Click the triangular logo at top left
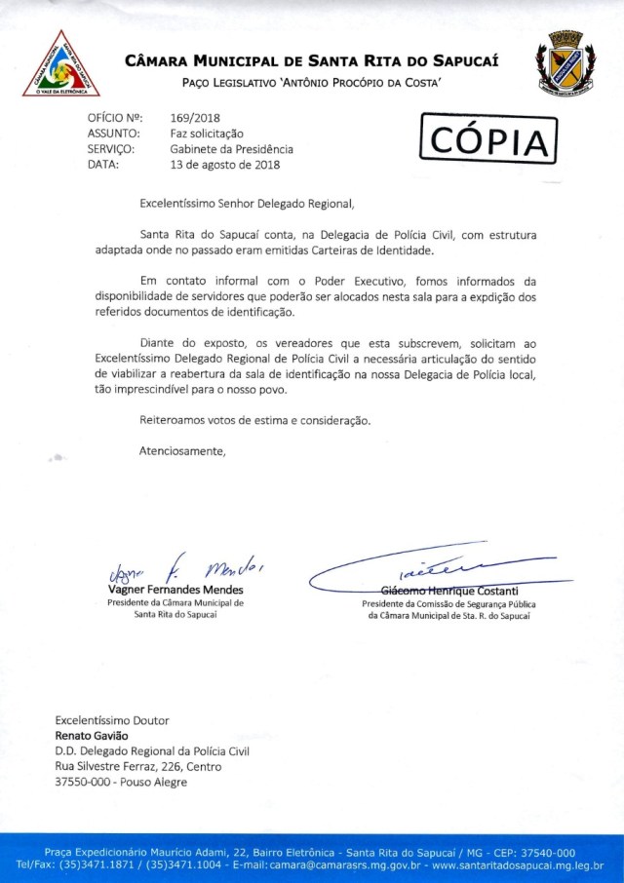(x=61, y=65)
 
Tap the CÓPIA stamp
(x=487, y=140)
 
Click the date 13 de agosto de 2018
(x=224, y=165)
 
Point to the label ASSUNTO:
(x=113, y=134)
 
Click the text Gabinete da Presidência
(x=231, y=149)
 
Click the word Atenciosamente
(x=182, y=451)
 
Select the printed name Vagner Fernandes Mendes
(x=175, y=591)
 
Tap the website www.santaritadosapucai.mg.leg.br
(x=518, y=864)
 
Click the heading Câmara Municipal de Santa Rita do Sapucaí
(x=312, y=61)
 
